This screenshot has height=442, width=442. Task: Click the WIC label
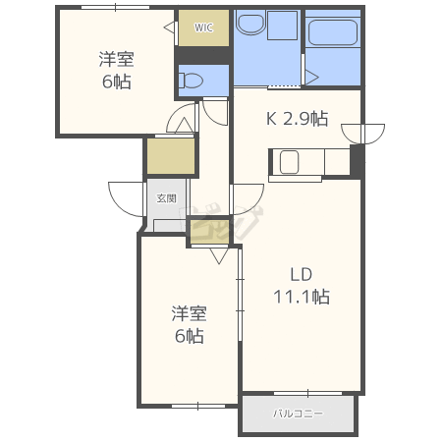point(203,28)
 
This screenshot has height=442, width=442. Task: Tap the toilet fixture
point(191,81)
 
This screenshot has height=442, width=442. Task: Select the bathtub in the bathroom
point(333,32)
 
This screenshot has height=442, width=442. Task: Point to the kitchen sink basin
point(289,162)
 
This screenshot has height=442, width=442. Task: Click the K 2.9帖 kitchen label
point(298,119)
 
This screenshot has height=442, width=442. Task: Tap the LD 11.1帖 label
point(302,286)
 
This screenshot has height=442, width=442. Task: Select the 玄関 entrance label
point(167,198)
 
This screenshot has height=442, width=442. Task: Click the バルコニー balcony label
point(298,414)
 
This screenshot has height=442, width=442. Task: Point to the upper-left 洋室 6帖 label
point(117,71)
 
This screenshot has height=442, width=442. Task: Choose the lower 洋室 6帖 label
point(190,324)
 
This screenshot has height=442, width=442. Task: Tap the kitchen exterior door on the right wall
point(363,134)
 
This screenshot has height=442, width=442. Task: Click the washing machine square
point(282,26)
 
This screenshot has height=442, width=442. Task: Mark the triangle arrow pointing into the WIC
point(169,28)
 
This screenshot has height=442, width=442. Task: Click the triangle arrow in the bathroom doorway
point(312,78)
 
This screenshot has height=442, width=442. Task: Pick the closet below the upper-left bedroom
point(171,156)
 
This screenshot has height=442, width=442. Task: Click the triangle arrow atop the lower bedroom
point(219,255)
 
